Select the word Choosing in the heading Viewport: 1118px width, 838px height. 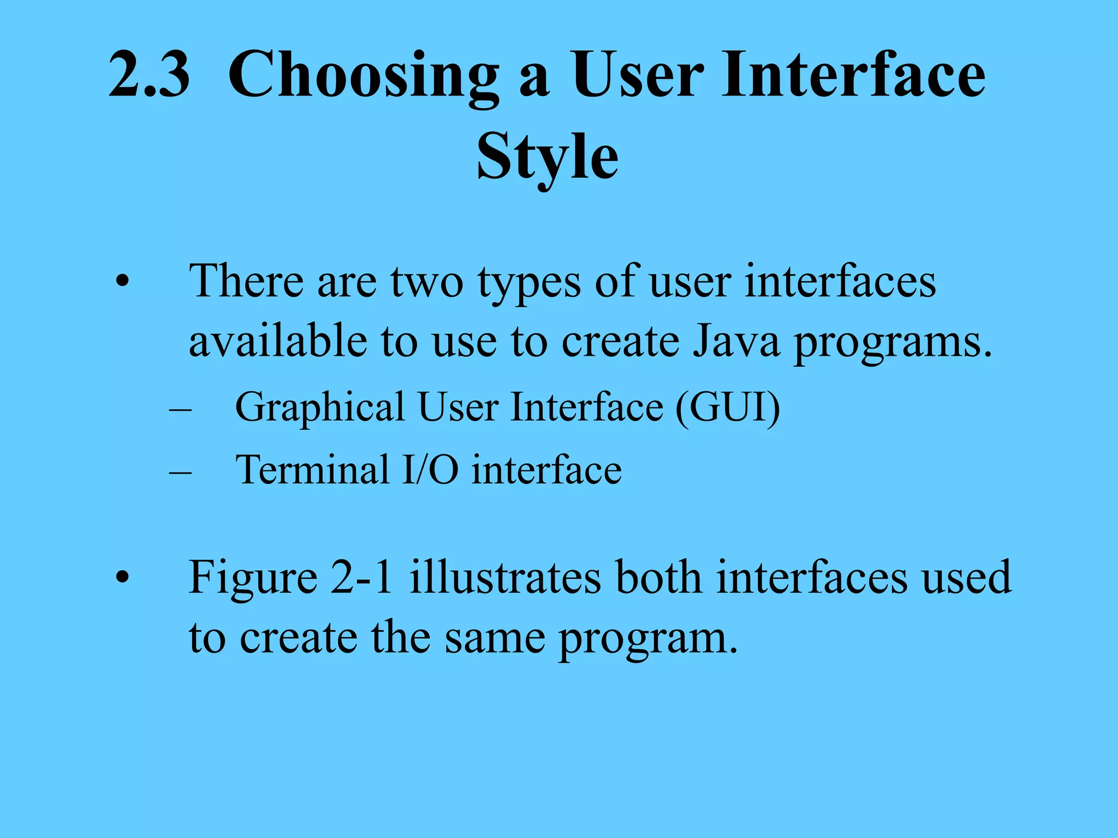[x=363, y=76]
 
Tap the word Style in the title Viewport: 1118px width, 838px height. [x=547, y=158]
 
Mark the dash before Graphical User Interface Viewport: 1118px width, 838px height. [x=181, y=409]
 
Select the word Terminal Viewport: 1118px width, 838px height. [x=312, y=470]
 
